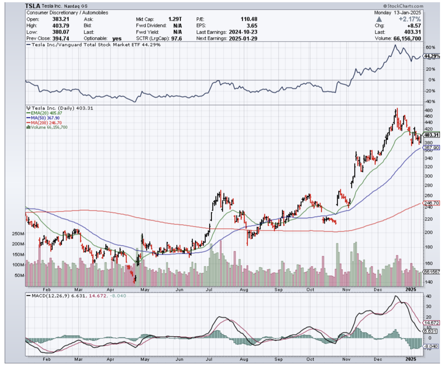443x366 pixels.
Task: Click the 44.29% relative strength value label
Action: click(x=431, y=56)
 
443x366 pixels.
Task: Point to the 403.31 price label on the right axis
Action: click(x=431, y=135)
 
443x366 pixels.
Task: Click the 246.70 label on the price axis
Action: click(x=431, y=203)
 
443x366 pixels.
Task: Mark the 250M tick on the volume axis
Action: click(x=18, y=234)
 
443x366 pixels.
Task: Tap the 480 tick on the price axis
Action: click(x=429, y=110)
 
